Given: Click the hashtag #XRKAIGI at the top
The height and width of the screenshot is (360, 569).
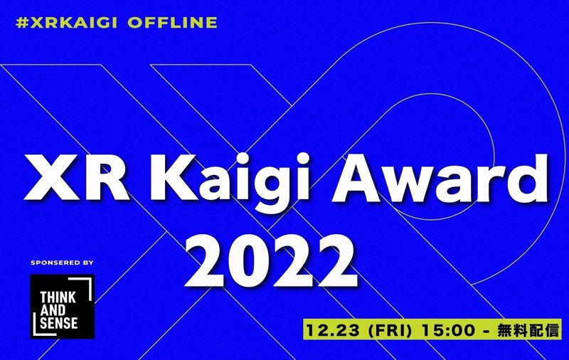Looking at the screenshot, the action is (x=66, y=23).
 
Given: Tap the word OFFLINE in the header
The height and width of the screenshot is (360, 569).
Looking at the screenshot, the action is (x=172, y=23).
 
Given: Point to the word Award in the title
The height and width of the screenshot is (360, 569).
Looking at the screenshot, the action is (x=440, y=178).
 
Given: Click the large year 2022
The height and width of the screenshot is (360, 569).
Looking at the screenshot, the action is (x=271, y=260).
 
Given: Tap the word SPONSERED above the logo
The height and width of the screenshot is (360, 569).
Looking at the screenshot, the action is (x=55, y=263).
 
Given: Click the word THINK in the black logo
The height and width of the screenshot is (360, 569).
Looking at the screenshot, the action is (x=58, y=297).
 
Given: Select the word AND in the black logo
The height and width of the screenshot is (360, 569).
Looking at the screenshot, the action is (x=53, y=310).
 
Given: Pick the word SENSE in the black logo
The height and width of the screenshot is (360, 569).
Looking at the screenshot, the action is (x=59, y=323).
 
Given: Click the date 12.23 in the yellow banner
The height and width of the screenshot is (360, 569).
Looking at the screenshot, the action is (x=333, y=330).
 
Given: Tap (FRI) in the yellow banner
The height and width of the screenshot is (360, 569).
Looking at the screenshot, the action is (x=390, y=330).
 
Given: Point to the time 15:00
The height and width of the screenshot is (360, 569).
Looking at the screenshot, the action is (x=448, y=330).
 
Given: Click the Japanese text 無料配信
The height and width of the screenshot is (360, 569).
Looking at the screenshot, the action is (x=528, y=330).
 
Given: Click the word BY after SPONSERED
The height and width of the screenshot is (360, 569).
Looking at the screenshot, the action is (x=88, y=263).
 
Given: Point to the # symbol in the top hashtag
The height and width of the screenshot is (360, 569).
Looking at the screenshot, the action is (x=23, y=23).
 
